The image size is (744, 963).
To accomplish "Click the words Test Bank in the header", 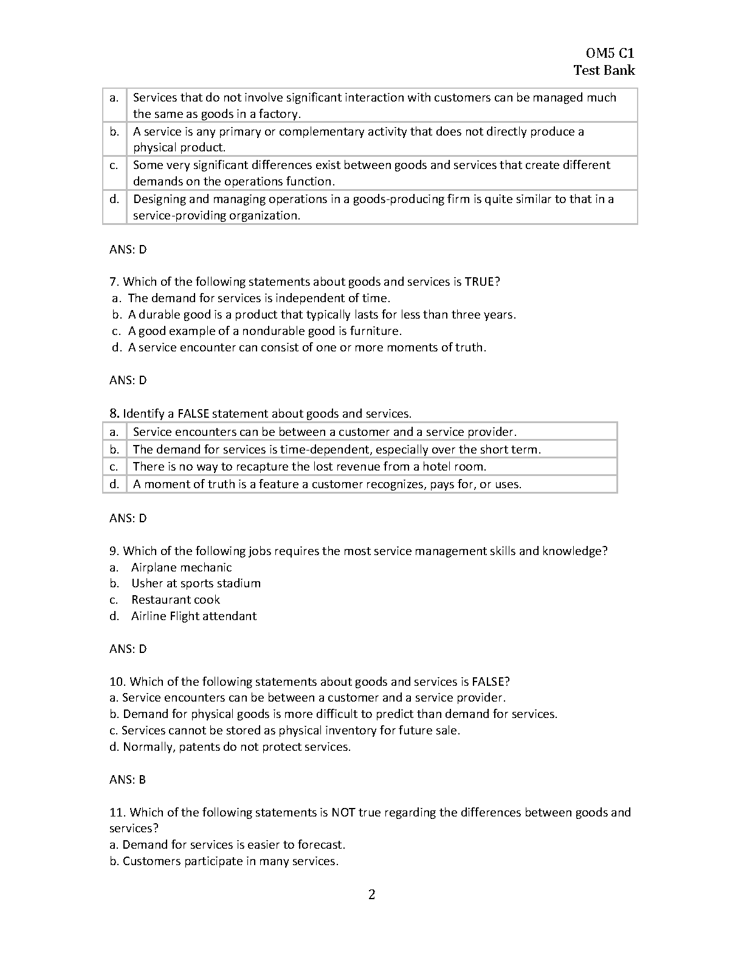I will (604, 70).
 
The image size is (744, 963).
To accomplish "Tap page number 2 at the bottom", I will (372, 894).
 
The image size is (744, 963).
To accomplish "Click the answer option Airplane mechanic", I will (181, 567).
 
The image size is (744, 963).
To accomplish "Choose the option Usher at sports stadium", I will (196, 583).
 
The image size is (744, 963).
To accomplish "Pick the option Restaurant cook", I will (176, 599).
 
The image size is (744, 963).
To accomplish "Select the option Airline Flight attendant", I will (194, 616).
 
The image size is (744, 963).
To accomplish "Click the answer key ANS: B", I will (128, 779).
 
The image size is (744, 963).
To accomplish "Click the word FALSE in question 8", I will (193, 413).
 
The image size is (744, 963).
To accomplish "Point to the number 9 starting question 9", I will (113, 551).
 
